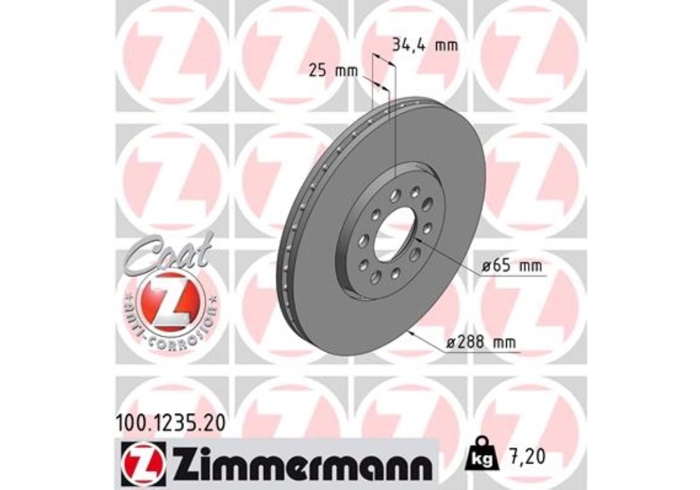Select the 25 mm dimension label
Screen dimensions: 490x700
pyautogui.click(x=332, y=70)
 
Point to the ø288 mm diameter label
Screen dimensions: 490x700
pyautogui.click(x=484, y=342)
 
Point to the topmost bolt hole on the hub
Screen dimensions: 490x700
pyautogui.click(x=415, y=191)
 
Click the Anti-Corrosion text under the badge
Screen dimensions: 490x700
pyautogui.click(x=171, y=329)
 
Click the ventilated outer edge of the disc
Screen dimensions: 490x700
pyautogui.click(x=294, y=231)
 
